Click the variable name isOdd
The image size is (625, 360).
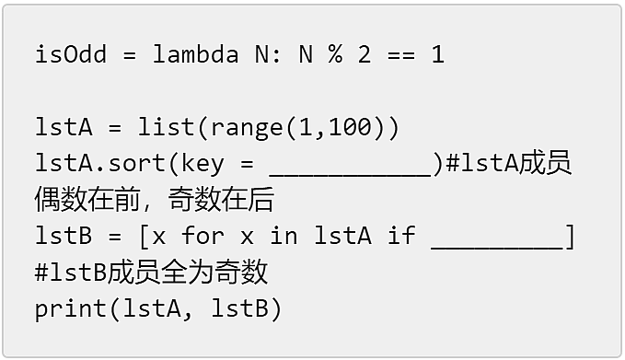click(71, 53)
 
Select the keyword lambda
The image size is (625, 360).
click(196, 53)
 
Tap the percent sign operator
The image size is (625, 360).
click(335, 53)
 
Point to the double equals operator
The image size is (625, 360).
click(401, 54)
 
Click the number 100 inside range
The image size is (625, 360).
click(350, 127)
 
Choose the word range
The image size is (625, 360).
click(247, 129)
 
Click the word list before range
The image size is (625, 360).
click(166, 127)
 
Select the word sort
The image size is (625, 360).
click(137, 164)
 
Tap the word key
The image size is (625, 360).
click(203, 164)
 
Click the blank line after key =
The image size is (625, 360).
click(351, 175)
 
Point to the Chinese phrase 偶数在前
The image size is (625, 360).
click(87, 200)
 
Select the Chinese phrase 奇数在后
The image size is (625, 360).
click(221, 200)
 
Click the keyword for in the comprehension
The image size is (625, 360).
click(203, 235)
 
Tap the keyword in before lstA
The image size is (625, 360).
click(284, 235)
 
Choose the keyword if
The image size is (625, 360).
click(401, 235)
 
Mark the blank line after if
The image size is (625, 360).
click(497, 248)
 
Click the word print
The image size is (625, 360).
click(71, 309)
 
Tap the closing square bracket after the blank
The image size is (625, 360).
click(570, 237)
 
